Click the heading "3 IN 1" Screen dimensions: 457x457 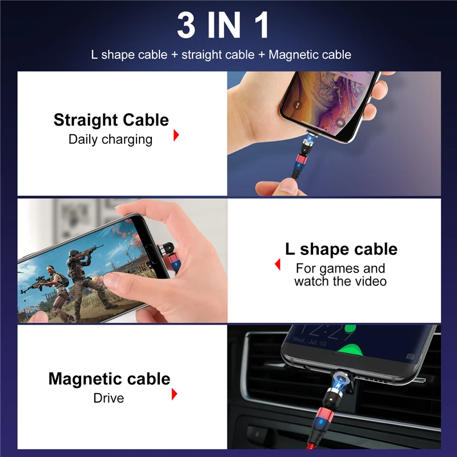pos(223,26)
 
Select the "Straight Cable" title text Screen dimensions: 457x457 pos(111,120)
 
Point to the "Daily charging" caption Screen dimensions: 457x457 pos(110,139)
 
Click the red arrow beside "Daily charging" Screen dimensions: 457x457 pos(177,135)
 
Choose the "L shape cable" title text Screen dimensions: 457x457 pos(341,249)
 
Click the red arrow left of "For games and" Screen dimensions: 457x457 pos(278,264)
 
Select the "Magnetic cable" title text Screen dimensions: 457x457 pos(109,379)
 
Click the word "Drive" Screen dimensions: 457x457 pos(109,398)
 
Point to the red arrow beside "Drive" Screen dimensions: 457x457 pos(174,394)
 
